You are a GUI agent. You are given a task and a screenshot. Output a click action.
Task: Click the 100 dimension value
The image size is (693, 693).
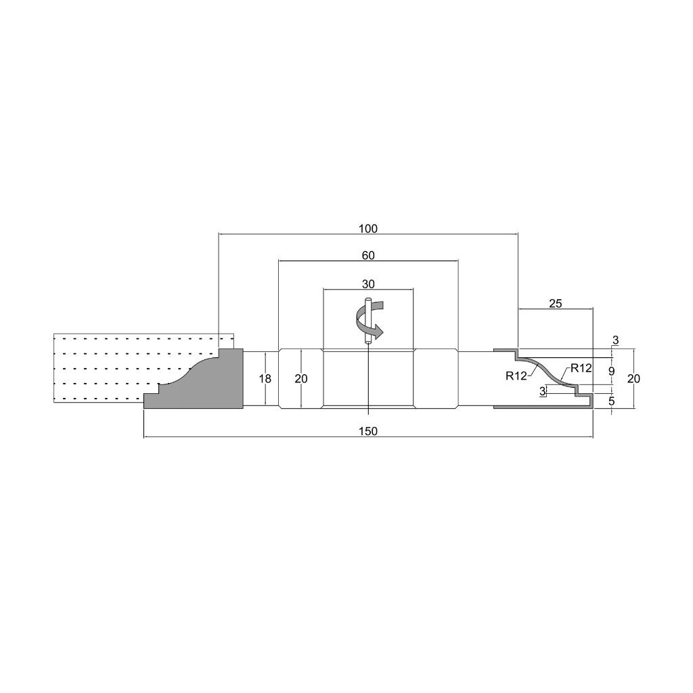click(x=368, y=229)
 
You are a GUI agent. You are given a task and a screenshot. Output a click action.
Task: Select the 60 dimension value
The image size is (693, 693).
click(x=368, y=255)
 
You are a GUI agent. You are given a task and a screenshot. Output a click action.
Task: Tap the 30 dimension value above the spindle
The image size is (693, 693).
click(x=368, y=284)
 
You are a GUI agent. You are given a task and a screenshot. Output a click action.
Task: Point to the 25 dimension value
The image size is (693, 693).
click(x=556, y=304)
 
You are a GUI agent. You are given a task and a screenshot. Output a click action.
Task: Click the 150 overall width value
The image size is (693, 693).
click(x=368, y=431)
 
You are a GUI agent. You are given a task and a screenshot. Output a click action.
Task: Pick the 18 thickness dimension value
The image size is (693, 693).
click(x=265, y=379)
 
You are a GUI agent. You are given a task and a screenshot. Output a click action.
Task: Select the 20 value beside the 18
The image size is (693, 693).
click(x=301, y=379)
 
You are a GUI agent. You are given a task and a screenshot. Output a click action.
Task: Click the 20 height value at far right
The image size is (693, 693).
click(x=633, y=379)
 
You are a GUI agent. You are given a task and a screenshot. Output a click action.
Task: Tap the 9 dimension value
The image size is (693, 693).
click(x=612, y=372)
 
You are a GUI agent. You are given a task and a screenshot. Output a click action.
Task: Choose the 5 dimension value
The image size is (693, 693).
click(x=612, y=401)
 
